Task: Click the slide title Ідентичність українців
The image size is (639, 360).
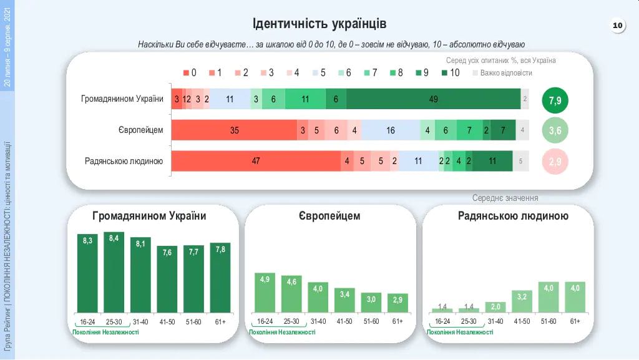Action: [319, 24]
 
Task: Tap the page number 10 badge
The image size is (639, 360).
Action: [617, 26]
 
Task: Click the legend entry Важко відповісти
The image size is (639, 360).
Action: [502, 73]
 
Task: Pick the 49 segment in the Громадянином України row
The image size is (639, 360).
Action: [433, 99]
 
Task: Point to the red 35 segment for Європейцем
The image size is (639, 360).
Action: [234, 130]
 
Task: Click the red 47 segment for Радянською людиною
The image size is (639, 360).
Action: [256, 161]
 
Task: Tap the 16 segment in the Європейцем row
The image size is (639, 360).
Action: [391, 130]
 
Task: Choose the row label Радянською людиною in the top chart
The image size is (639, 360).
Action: [124, 161]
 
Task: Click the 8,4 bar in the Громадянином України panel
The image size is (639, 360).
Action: [114, 272]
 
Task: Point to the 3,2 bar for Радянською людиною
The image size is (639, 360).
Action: [522, 301]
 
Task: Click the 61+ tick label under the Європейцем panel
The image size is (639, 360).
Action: [398, 321]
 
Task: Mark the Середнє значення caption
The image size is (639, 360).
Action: [505, 198]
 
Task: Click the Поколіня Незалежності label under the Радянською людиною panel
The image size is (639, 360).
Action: [460, 332]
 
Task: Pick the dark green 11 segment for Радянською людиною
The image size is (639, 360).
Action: [492, 161]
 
